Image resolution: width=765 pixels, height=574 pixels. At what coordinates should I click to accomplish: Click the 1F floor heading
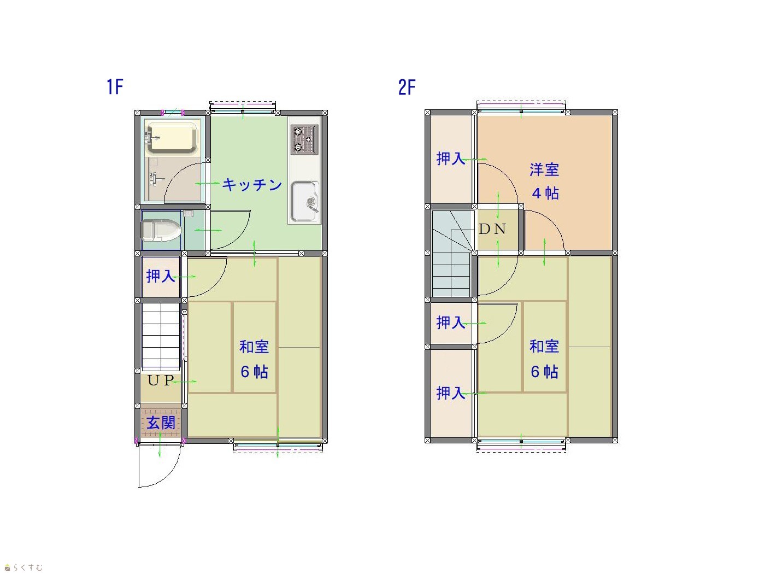coord(115,86)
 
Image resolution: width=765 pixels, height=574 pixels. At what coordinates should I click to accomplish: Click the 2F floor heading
coord(407,87)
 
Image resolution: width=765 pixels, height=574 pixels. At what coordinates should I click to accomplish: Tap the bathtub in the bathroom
coord(172,137)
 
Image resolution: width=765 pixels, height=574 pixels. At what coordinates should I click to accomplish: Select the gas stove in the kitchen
coord(304,139)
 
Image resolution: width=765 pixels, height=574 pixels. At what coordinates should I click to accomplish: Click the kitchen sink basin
coord(305,201)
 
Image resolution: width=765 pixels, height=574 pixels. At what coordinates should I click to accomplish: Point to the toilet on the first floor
coord(161,230)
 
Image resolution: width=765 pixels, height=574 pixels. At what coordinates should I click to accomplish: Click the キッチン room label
coord(252,184)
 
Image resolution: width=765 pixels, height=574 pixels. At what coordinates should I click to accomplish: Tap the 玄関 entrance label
coord(161,423)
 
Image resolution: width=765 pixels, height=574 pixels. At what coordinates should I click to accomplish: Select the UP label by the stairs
coord(161,380)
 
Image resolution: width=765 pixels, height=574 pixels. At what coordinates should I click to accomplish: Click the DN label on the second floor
coord(492,229)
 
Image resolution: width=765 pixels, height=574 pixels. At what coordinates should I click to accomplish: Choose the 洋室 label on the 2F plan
coord(544,169)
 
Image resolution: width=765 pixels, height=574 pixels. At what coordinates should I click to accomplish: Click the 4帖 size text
coord(545,193)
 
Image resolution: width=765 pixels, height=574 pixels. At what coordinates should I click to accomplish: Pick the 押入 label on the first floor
coord(160,276)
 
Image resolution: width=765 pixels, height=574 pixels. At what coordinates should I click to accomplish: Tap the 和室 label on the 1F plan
coord(254,347)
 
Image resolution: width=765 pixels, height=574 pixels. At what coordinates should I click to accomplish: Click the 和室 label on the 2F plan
coord(544,347)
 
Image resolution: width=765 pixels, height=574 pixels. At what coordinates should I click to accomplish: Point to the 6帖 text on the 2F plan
coord(544,372)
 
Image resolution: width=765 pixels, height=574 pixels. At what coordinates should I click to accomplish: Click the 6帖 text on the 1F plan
coord(255,372)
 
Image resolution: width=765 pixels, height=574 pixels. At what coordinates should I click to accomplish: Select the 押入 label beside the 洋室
coord(451,159)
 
